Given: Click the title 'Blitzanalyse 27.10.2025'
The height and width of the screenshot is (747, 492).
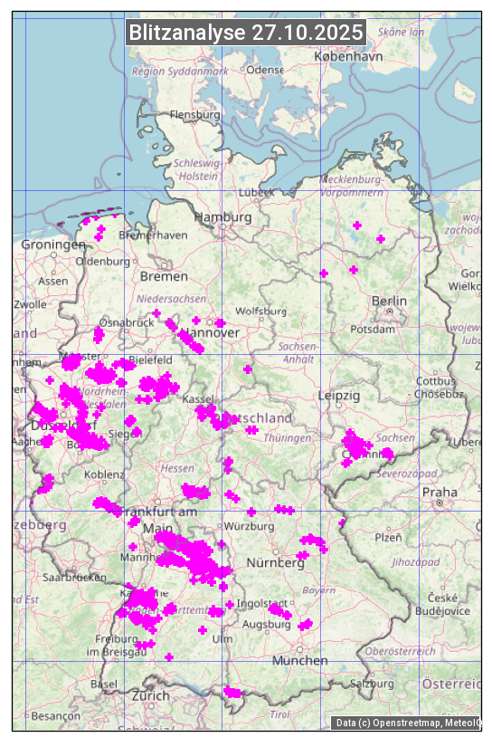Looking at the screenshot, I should [x=246, y=33].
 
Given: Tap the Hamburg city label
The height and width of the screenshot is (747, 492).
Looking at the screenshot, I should [x=223, y=217].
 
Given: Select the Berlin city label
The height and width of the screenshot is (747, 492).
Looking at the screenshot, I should [x=389, y=301].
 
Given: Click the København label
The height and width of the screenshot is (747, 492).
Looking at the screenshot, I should [x=348, y=56].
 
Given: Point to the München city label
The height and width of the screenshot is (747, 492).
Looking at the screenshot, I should [x=300, y=661].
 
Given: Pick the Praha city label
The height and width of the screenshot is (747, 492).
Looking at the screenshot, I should [x=439, y=492].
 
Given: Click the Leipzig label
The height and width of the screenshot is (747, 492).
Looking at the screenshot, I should [x=339, y=396].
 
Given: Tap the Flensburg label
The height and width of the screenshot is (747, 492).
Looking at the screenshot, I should [x=195, y=115].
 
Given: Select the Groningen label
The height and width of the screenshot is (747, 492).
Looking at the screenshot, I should [x=53, y=245].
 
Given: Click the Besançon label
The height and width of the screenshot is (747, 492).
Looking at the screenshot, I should [x=56, y=715].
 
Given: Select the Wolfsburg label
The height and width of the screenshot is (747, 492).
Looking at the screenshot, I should [x=260, y=311].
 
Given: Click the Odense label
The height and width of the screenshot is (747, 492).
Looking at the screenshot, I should [x=265, y=70].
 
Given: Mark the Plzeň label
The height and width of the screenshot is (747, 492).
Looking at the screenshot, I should [x=388, y=537].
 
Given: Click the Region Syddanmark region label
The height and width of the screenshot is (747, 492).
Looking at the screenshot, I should [x=180, y=71].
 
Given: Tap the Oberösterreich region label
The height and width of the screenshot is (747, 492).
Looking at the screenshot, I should [x=401, y=651].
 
